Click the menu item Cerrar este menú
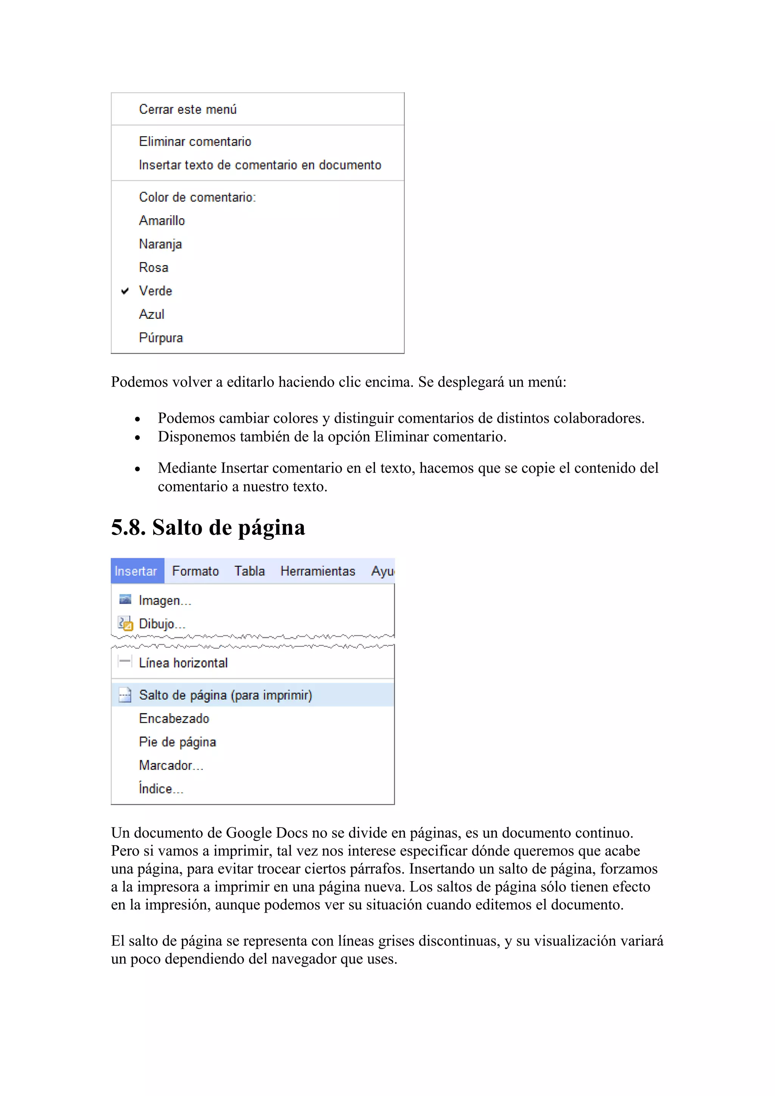point(188,109)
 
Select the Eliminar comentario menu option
point(195,142)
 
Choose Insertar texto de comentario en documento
point(260,165)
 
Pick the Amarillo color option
point(162,220)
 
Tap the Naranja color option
point(160,244)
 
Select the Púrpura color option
point(161,338)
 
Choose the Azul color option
point(152,314)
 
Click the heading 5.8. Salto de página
point(208,528)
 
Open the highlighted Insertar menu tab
point(136,571)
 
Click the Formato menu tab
point(195,571)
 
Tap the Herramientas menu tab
point(317,571)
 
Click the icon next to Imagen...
point(125,599)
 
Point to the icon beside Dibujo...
point(125,623)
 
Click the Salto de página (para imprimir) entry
point(226,695)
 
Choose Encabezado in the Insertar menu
point(174,719)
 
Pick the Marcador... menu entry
point(171,765)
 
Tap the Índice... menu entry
point(161,789)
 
